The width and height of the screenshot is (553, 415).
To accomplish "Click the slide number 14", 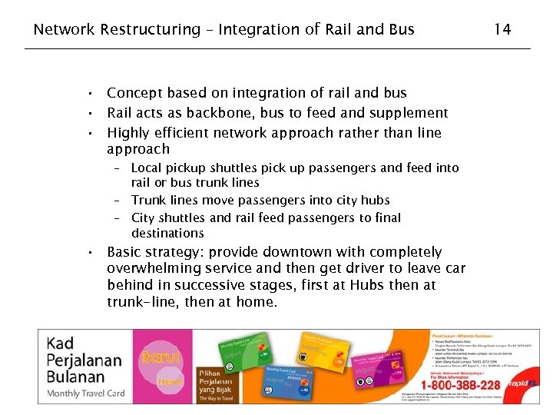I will tap(502, 29).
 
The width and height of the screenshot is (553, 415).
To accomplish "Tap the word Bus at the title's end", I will tap(402, 30).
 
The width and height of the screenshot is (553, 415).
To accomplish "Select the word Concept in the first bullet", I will tap(134, 93).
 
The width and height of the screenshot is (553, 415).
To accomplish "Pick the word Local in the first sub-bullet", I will tap(147, 168).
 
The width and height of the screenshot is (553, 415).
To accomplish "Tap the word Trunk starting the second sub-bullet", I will tap(149, 201).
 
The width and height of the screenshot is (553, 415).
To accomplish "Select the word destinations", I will tap(167, 233).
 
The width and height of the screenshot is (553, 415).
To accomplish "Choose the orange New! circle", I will tap(170, 380).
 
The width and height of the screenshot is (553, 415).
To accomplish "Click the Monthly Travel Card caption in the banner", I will tap(86, 393).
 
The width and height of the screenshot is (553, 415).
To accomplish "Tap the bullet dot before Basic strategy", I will tap(90, 253).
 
